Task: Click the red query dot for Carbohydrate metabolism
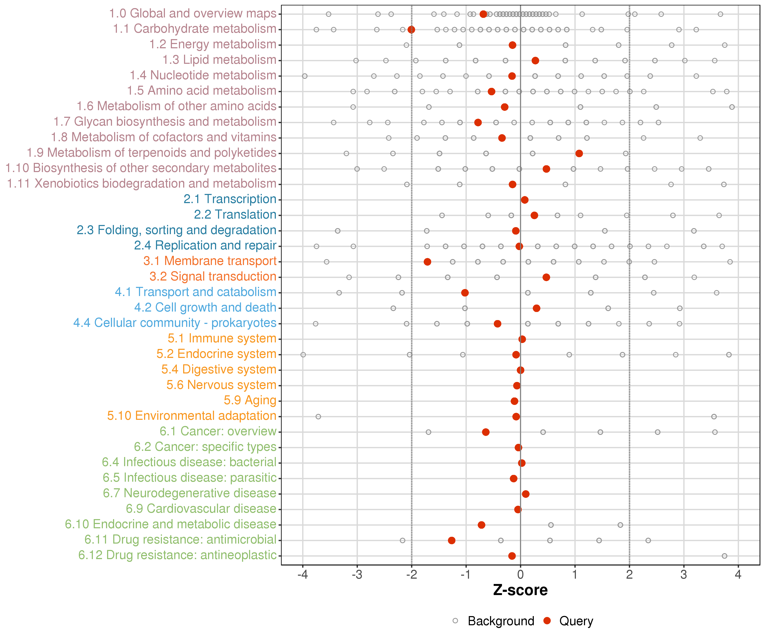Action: [x=411, y=30]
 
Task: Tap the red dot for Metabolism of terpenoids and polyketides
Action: [x=579, y=154]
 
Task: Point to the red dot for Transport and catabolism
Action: [x=465, y=293]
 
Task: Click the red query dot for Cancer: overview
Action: [x=486, y=432]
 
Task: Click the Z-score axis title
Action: [x=520, y=590]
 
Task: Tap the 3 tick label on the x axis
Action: [x=684, y=575]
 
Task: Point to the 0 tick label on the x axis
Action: [x=520, y=575]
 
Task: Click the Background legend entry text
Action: [x=501, y=621]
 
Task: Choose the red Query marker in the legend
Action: [x=547, y=621]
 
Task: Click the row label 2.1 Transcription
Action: [x=230, y=199]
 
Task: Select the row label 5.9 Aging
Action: [x=250, y=400]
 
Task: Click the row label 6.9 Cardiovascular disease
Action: [x=201, y=508]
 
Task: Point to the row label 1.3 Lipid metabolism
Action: [x=219, y=60]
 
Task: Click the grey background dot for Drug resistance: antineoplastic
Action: [x=724, y=556]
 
